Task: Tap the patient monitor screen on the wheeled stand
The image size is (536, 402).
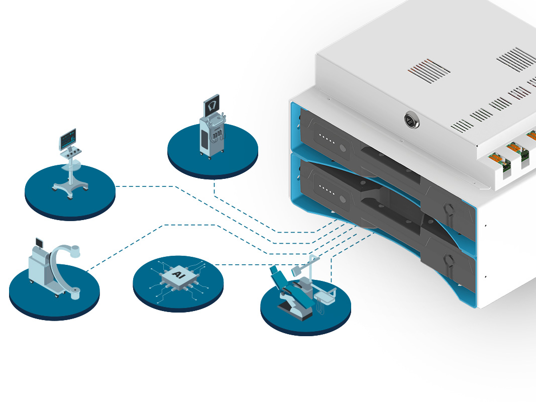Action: (68, 139)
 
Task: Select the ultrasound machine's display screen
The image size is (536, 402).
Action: (211, 105)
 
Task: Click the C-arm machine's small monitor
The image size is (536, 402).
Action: (40, 242)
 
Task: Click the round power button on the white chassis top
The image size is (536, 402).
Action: (411, 120)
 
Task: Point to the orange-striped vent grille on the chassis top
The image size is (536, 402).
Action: (428, 71)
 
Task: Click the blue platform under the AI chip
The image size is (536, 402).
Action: (178, 284)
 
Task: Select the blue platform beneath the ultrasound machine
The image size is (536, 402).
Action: (212, 151)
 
